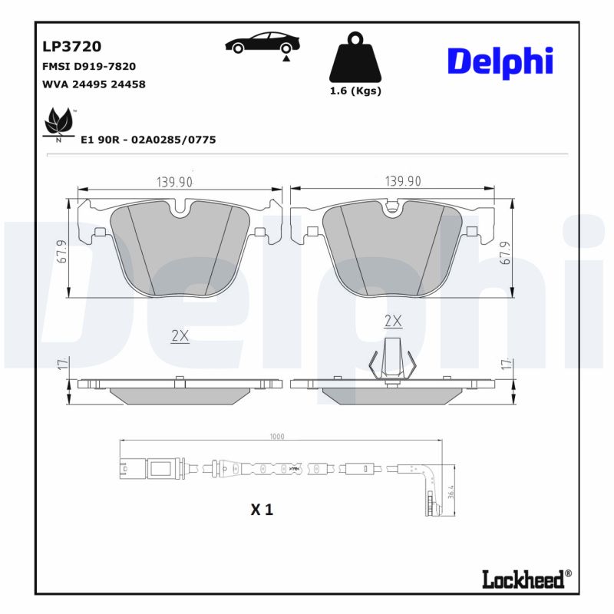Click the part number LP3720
[71, 47]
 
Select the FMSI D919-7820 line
[89, 67]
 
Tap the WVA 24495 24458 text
[94, 84]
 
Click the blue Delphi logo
[500, 61]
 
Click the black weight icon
[355, 58]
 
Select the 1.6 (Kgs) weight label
[355, 91]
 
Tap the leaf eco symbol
[58, 123]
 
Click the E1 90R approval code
[148, 140]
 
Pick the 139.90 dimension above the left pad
[174, 182]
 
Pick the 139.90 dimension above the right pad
[403, 182]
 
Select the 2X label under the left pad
[180, 336]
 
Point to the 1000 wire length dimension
[277, 436]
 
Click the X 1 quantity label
[262, 509]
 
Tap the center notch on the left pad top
[180, 207]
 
